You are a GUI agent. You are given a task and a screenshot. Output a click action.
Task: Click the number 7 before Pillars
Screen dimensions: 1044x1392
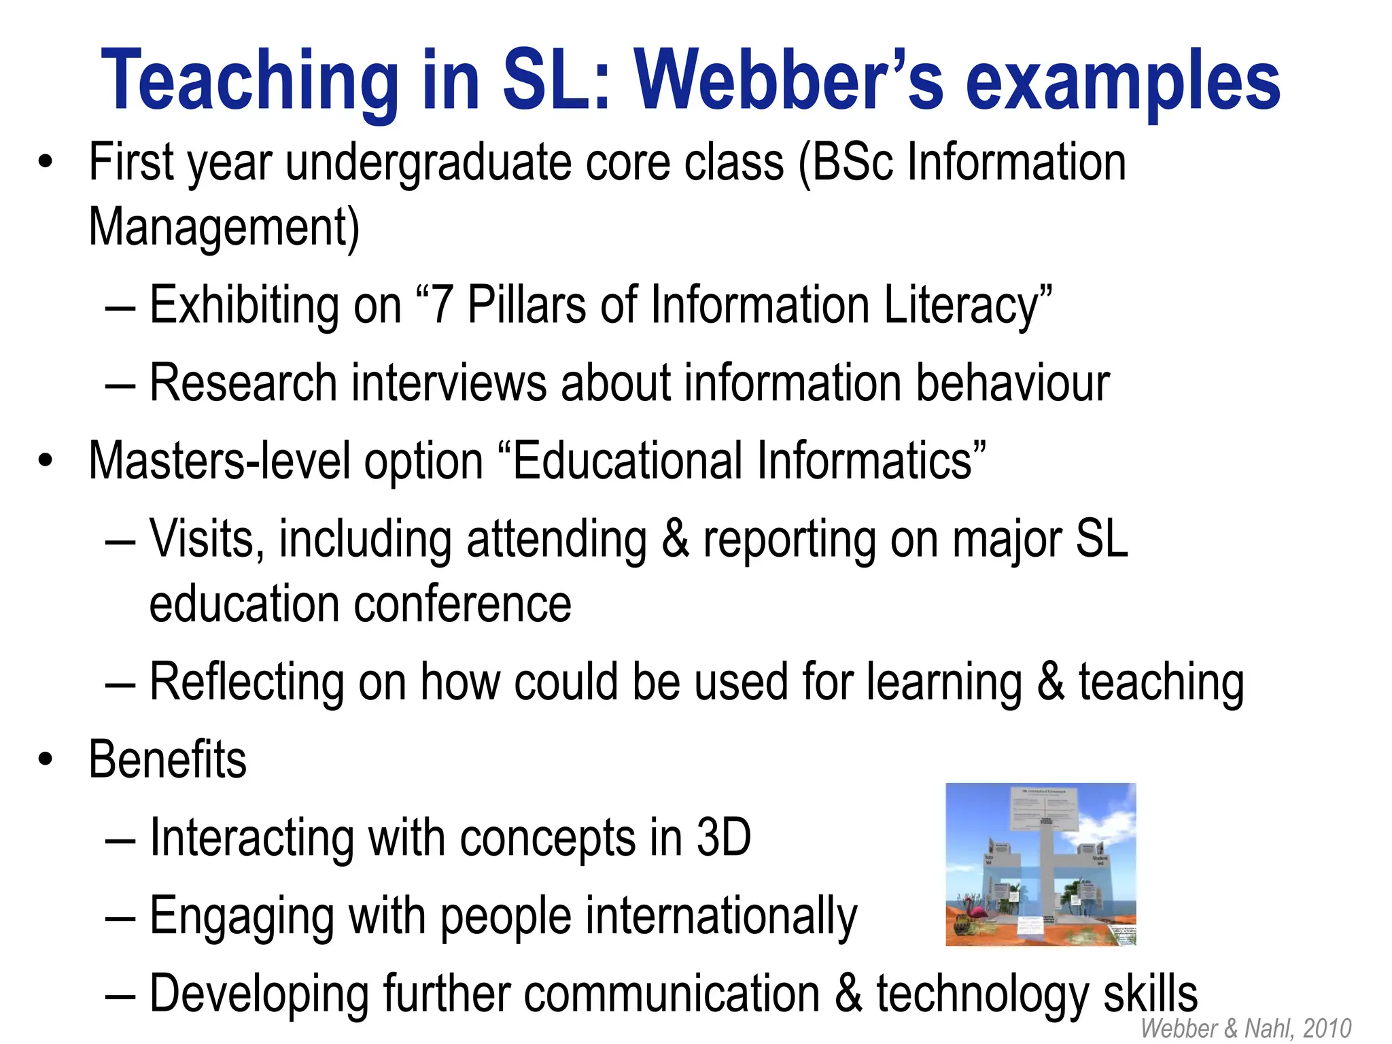pyautogui.click(x=442, y=305)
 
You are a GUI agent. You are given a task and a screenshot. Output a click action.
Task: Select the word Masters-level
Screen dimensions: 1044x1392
pyautogui.click(x=219, y=461)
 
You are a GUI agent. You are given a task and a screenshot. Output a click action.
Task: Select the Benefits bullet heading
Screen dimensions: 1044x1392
pyautogui.click(x=168, y=759)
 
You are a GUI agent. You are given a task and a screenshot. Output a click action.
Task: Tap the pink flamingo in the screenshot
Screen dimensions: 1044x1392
pyautogui.click(x=973, y=914)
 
